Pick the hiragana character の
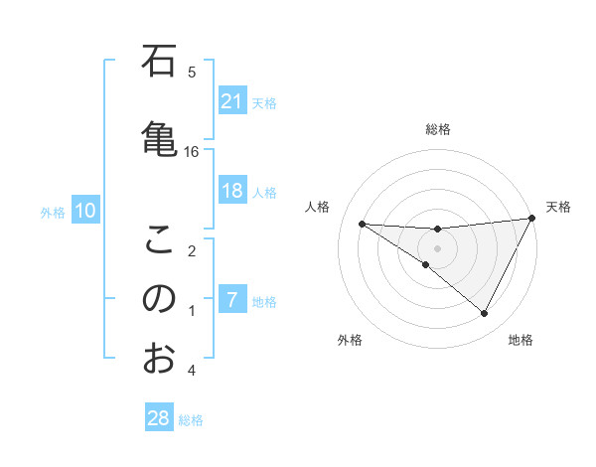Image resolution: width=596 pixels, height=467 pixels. coord(160,299)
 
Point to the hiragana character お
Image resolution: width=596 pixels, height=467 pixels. coord(160,359)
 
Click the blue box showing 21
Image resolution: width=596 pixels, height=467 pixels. coord(231,101)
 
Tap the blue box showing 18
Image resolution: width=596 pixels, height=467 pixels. coord(231,191)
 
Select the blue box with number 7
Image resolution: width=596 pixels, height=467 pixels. coord(231,299)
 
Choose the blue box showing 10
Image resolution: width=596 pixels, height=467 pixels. coord(85,211)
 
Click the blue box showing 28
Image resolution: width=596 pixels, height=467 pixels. coord(159,418)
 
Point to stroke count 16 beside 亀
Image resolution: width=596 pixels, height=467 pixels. coord(192,151)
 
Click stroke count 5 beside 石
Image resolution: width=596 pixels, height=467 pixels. coord(192,72)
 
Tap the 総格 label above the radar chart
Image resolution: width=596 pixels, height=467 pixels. coord(437,129)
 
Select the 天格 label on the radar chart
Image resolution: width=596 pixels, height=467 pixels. coord(558,207)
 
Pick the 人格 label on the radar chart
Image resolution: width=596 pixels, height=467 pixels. coord(318,207)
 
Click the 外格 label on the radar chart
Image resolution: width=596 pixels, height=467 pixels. coord(350,340)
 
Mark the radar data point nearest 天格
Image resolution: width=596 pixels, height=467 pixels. coord(532,218)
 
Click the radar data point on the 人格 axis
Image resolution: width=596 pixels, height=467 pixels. coord(362,224)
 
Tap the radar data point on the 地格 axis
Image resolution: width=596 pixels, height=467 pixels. coord(485,314)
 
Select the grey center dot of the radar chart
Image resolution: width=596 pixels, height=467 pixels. coord(437,248)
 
